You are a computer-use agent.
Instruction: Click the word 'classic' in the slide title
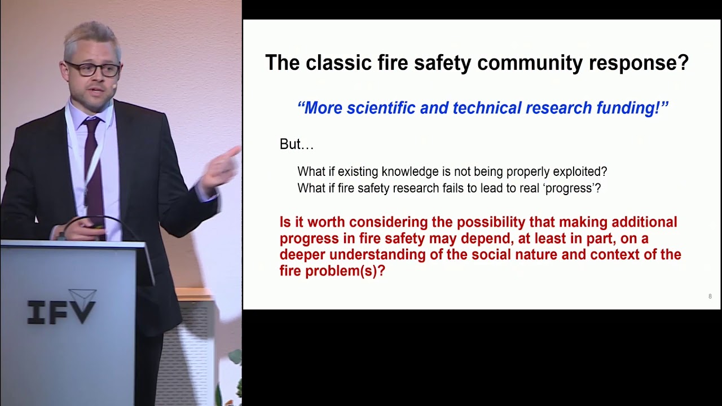pyautogui.click(x=336, y=63)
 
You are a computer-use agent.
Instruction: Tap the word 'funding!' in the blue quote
pyautogui.click(x=633, y=108)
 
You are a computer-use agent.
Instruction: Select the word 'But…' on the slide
pyautogui.click(x=296, y=145)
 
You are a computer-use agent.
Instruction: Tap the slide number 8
pyautogui.click(x=710, y=297)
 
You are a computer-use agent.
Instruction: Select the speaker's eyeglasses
pyautogui.click(x=93, y=69)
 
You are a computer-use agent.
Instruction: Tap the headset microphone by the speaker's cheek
pyautogui.click(x=114, y=87)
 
